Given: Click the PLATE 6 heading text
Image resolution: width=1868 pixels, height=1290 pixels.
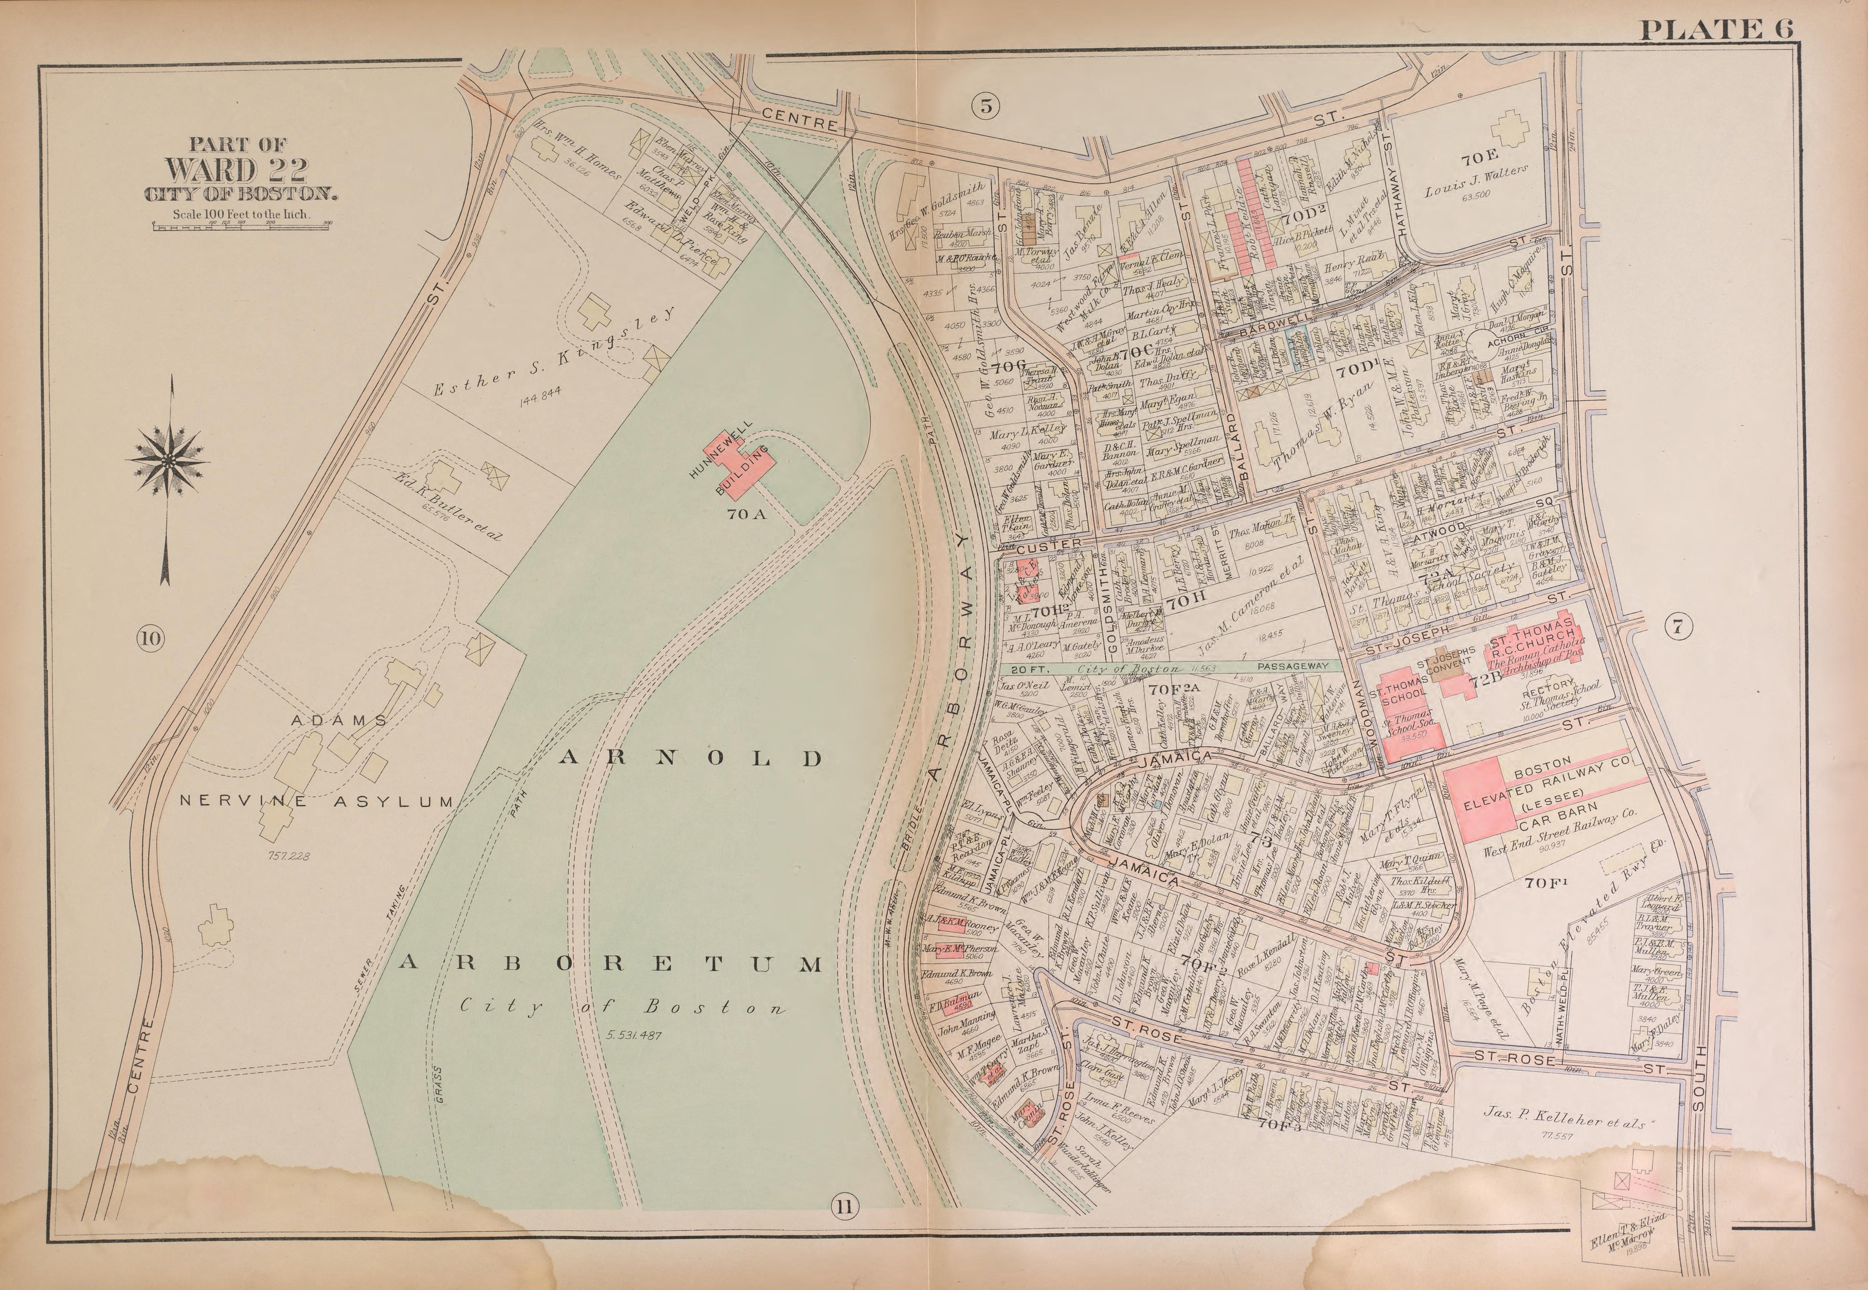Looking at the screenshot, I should [x=1715, y=30].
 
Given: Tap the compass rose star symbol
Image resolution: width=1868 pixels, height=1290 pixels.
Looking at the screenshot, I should [x=167, y=461].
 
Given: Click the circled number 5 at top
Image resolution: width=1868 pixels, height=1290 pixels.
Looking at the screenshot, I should [x=986, y=106].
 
